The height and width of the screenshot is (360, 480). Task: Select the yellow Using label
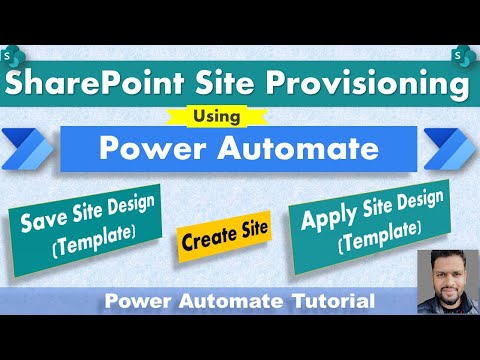pyautogui.click(x=240, y=118)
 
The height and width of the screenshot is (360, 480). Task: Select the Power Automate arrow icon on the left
pyautogui.click(x=30, y=145)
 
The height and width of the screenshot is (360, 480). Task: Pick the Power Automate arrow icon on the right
pyautogui.click(x=450, y=145)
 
